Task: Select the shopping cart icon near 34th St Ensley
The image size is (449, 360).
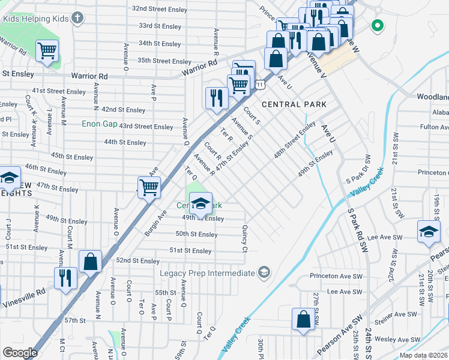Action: click(47, 51)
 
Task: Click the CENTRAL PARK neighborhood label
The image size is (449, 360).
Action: click(294, 104)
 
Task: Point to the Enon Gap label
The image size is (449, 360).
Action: click(100, 124)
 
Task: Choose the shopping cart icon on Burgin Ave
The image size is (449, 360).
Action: click(148, 187)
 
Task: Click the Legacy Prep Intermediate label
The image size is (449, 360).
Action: click(207, 274)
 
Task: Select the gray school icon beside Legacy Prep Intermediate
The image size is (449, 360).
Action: click(263, 274)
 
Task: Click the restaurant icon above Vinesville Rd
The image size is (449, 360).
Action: click(65, 277)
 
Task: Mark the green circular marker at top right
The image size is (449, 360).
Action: click(377, 25)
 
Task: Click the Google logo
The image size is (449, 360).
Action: click(20, 353)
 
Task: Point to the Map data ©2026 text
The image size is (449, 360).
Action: click(423, 355)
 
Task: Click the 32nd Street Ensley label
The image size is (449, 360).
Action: click(161, 9)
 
